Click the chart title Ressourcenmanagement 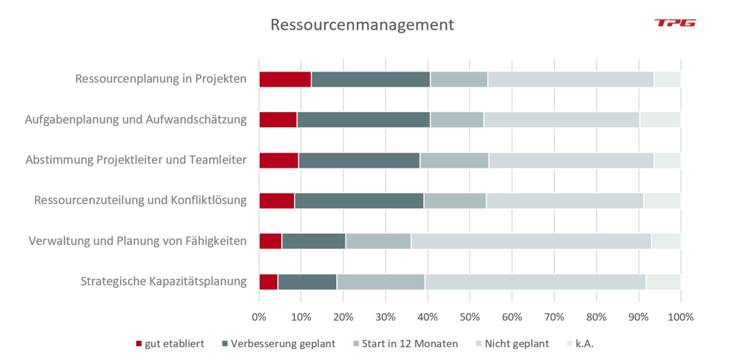tap(362, 25)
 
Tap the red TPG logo tap(674, 23)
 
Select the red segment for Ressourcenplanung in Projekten tap(285, 80)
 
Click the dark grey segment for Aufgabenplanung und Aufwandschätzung tap(363, 119)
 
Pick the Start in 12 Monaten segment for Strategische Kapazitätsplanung tap(380, 282)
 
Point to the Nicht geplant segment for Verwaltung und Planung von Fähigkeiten tap(530, 241)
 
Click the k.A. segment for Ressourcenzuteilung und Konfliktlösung tap(661, 200)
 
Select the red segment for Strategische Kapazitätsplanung tap(268, 282)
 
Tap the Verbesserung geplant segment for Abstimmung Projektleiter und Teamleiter tap(358, 160)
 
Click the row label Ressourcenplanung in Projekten tap(160, 80)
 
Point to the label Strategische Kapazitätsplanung tap(164, 282)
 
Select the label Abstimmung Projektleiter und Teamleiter tap(136, 160)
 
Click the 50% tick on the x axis tap(470, 317)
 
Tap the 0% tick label tap(259, 317)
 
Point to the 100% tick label tap(680, 317)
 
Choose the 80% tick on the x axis tap(596, 317)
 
